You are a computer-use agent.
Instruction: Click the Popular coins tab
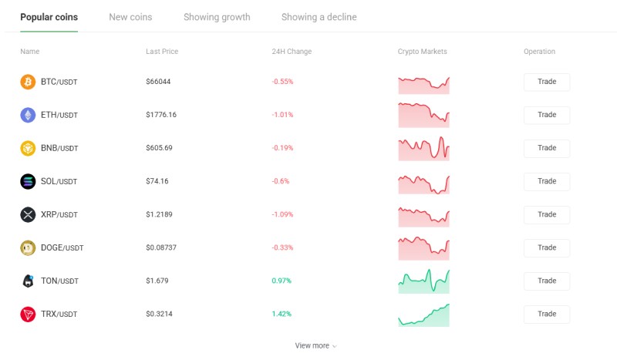point(49,17)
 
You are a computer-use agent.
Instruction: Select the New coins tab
point(130,17)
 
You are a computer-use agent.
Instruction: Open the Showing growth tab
point(217,17)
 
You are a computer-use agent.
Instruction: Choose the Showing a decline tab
point(319,17)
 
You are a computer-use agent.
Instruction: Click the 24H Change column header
point(292,52)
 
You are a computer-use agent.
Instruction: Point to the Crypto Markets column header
point(422,52)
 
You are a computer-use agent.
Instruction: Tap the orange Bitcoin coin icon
point(28,82)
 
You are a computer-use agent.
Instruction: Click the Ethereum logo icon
point(28,115)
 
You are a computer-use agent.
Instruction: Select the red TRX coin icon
point(28,314)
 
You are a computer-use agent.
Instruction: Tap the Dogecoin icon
point(28,248)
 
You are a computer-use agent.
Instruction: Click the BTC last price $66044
point(158,82)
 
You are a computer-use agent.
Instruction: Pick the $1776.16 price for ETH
point(161,115)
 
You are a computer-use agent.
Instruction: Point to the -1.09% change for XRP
point(282,214)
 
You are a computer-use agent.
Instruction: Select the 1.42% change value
point(282,314)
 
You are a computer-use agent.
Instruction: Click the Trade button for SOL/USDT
point(547,181)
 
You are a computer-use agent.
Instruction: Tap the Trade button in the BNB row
point(547,148)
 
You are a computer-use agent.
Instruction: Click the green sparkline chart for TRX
point(423,315)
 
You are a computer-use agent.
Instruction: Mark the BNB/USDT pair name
point(59,148)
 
